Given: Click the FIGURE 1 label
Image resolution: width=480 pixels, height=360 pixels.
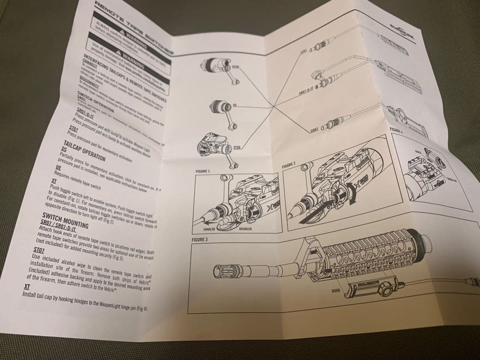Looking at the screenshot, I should (203, 171).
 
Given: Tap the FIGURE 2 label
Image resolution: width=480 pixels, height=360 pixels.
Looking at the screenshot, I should (288, 165).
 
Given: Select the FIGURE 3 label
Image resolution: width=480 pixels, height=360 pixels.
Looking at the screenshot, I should (200, 240).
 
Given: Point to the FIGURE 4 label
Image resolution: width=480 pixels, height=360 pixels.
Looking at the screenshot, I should (396, 129).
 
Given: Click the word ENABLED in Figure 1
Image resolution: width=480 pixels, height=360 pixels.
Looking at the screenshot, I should (210, 229).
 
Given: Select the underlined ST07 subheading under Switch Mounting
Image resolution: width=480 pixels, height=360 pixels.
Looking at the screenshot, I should (39, 251).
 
